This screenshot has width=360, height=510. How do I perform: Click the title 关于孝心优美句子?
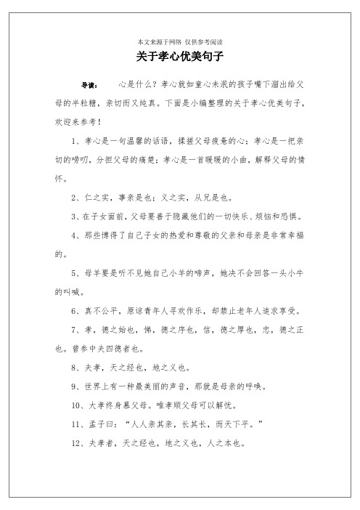180,55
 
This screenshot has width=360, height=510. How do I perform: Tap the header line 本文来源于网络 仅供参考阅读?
180,41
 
